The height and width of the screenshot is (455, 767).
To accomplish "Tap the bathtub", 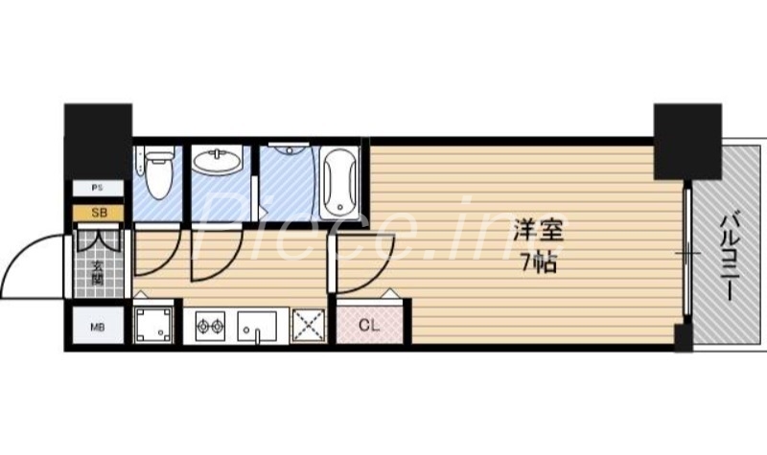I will [339, 181].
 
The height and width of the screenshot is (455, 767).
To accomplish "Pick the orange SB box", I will [98, 213].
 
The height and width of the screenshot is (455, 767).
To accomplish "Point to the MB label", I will [97, 328].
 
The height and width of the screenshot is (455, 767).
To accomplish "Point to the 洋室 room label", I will [538, 231].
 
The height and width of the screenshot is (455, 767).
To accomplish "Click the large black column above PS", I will [98, 140].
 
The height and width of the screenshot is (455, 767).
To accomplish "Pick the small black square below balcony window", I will [683, 338].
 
